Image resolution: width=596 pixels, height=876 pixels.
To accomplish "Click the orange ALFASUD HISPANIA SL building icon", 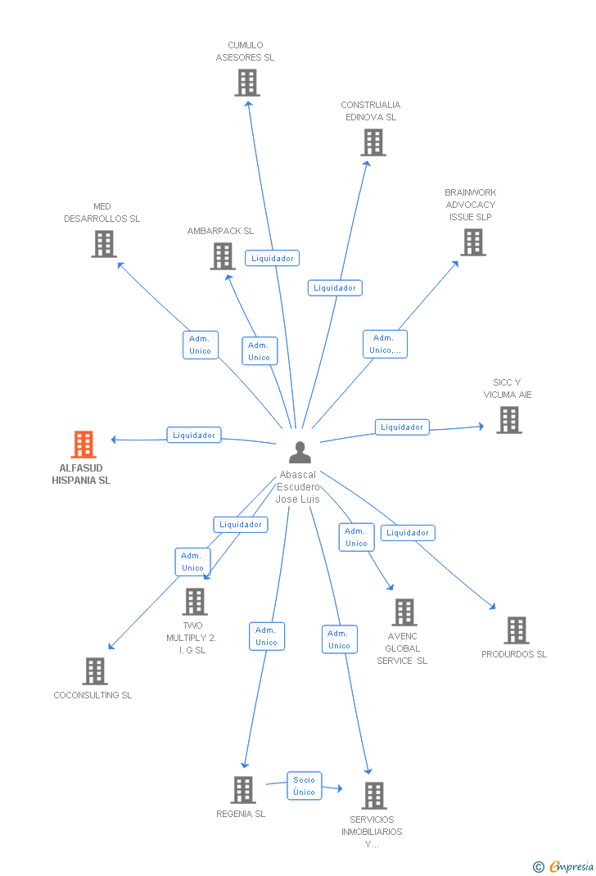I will (84, 445).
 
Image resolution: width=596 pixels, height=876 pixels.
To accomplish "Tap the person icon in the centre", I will (300, 453).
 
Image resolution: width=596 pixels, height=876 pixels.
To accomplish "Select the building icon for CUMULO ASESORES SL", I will (247, 83).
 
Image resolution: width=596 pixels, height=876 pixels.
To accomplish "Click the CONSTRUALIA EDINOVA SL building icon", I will (373, 142).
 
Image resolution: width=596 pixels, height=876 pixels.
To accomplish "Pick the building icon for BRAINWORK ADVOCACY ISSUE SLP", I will (472, 242).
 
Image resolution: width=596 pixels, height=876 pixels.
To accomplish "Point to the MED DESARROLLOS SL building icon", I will (104, 244).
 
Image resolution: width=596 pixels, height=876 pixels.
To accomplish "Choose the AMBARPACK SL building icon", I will (223, 256).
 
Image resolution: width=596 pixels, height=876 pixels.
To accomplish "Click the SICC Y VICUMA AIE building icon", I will (509, 420).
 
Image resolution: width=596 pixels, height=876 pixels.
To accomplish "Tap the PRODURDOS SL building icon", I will (516, 630).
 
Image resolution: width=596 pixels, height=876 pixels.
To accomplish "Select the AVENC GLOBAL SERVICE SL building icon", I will (404, 612).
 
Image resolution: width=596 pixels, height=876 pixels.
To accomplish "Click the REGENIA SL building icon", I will (243, 790).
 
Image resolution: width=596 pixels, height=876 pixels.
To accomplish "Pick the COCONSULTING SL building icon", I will (95, 671).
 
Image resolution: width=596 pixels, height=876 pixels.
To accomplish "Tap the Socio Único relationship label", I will (304, 786).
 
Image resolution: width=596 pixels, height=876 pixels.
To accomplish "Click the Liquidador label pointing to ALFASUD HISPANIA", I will (194, 436).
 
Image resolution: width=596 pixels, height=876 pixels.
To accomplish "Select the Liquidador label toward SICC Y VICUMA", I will (402, 427).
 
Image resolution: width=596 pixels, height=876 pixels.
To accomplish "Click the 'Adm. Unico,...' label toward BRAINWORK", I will (385, 344).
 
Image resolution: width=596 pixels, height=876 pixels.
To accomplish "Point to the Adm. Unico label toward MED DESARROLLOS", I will (200, 345).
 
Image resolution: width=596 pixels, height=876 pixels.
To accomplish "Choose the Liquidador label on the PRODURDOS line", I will (408, 533).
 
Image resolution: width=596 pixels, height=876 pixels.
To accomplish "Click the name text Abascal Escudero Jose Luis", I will (298, 486).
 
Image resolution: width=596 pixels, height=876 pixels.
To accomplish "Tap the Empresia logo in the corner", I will (565, 866).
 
